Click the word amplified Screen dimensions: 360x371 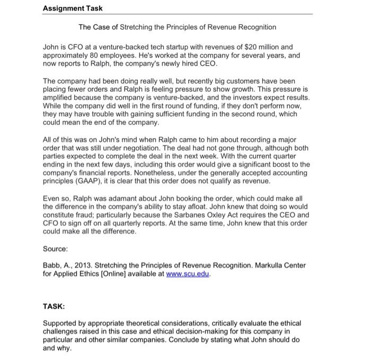tap(58, 98)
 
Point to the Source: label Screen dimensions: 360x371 tap(56, 248)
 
